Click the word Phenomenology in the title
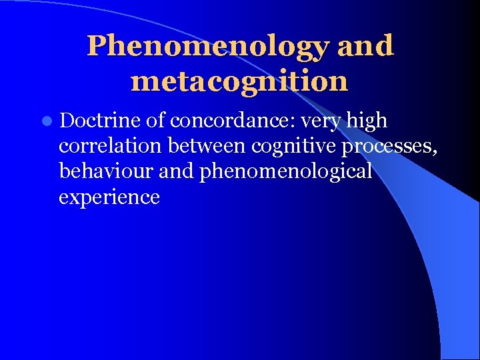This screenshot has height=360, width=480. tap(209, 47)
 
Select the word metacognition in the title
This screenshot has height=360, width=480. tap(240, 81)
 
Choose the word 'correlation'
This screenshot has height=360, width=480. tap(110, 146)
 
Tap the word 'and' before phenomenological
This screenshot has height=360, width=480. tap(177, 171)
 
